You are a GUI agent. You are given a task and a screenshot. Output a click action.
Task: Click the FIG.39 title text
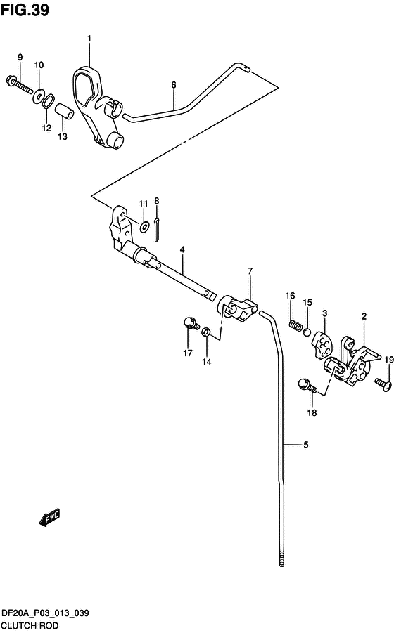tap(25, 10)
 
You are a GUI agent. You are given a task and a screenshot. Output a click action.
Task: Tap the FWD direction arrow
tap(49, 517)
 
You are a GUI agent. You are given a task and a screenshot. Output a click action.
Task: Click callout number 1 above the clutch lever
tap(89, 39)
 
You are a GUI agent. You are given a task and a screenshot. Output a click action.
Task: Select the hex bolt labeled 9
tap(20, 84)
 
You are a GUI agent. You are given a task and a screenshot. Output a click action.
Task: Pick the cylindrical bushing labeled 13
tap(65, 112)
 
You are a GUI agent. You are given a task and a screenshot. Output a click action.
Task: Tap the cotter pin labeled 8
tap(157, 230)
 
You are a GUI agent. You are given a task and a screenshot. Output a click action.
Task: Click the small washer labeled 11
tap(144, 227)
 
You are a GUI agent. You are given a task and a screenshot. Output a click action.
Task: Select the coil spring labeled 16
tap(295, 325)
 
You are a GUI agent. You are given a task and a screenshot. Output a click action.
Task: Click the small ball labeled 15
tap(307, 332)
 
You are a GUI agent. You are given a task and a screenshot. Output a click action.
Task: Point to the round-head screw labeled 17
tap(191, 323)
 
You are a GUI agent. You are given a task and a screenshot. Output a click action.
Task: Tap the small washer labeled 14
tap(205, 332)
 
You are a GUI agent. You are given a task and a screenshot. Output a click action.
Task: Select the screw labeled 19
tap(383, 383)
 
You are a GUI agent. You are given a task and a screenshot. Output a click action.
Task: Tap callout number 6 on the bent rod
tap(174, 85)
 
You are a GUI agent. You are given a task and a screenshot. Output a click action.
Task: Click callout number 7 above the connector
tap(250, 271)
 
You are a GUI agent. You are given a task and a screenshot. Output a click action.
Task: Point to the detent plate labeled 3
tap(322, 345)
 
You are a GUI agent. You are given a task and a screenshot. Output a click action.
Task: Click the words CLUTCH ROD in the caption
tap(30, 626)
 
